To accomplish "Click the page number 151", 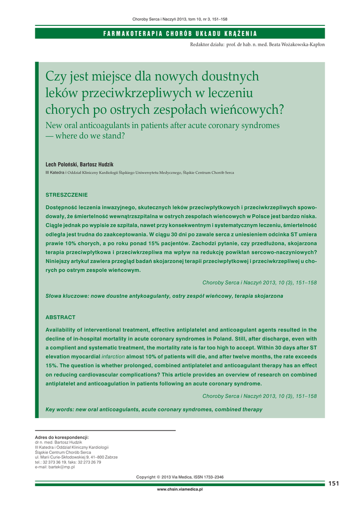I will coord(334,484).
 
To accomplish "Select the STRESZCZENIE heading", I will coord(67,194).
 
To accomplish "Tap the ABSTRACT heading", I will coord(60,317).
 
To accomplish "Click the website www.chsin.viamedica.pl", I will coord(180,490).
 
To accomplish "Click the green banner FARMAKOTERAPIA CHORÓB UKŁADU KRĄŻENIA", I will coord(180,33).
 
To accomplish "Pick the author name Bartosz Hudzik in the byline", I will coord(98,164).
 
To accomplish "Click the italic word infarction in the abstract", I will coord(113,357).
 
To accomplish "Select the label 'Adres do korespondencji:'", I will coord(62,437).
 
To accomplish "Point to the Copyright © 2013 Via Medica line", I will coord(180,477).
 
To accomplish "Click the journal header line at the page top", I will coord(180,19).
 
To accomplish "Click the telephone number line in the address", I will coord(68,462).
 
